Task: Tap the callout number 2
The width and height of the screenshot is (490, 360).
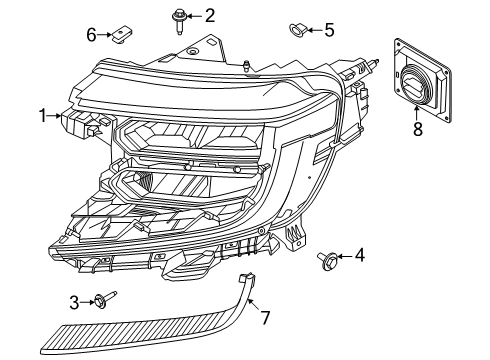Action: pyautogui.click(x=210, y=15)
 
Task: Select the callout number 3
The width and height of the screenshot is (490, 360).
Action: pyautogui.click(x=74, y=301)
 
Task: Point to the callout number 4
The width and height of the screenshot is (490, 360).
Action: pyautogui.click(x=360, y=256)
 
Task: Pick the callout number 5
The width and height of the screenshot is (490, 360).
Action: pyautogui.click(x=329, y=29)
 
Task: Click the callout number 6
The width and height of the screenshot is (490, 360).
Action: pyautogui.click(x=91, y=35)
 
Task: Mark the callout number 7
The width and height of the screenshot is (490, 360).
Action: pyautogui.click(x=266, y=318)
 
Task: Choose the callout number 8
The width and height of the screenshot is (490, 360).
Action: pyautogui.click(x=417, y=129)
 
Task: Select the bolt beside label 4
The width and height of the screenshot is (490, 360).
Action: pyautogui.click(x=327, y=261)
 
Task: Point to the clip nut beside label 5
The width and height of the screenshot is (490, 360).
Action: pyautogui.click(x=296, y=29)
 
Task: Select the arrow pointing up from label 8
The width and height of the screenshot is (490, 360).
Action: pyautogui.click(x=417, y=113)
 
